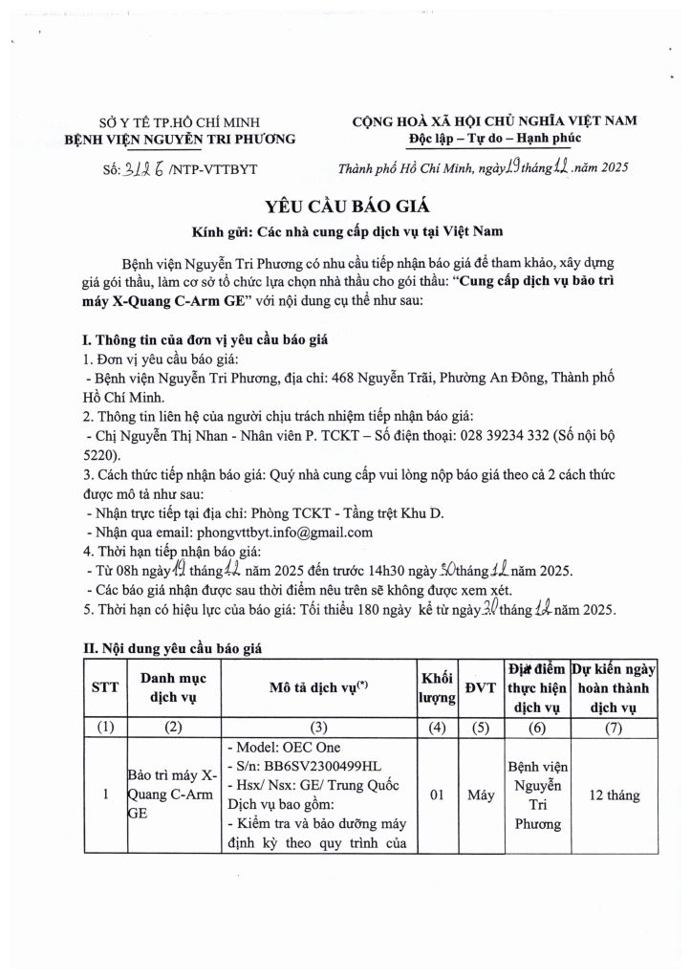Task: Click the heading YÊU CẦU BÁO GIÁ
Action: [345, 207]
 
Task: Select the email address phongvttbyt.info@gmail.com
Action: [284, 533]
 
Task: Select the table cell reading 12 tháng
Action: [615, 795]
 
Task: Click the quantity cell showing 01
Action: [436, 794]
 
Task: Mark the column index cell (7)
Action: [615, 728]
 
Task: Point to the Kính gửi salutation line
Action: [345, 232]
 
